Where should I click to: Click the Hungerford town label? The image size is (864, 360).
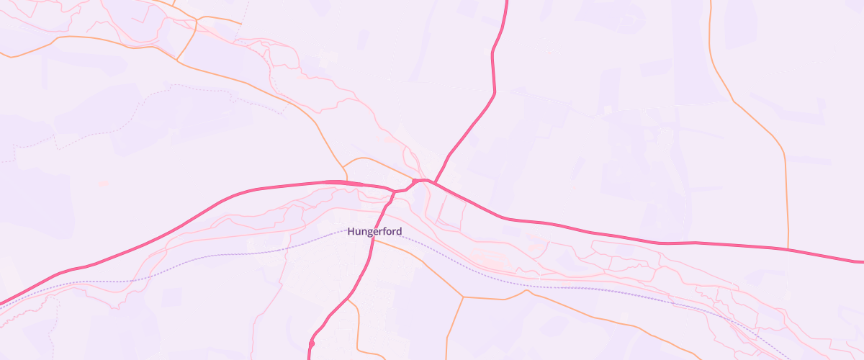click(x=374, y=232)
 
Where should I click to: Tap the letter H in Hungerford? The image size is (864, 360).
click(x=351, y=232)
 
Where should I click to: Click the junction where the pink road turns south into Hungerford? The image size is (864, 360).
click(x=394, y=192)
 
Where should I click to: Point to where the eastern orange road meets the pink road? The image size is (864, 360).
click(x=788, y=250)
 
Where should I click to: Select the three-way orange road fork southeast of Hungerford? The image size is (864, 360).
click(x=461, y=296)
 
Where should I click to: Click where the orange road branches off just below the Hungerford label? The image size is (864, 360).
click(x=374, y=240)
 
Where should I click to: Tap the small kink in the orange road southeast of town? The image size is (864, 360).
click(x=528, y=292)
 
